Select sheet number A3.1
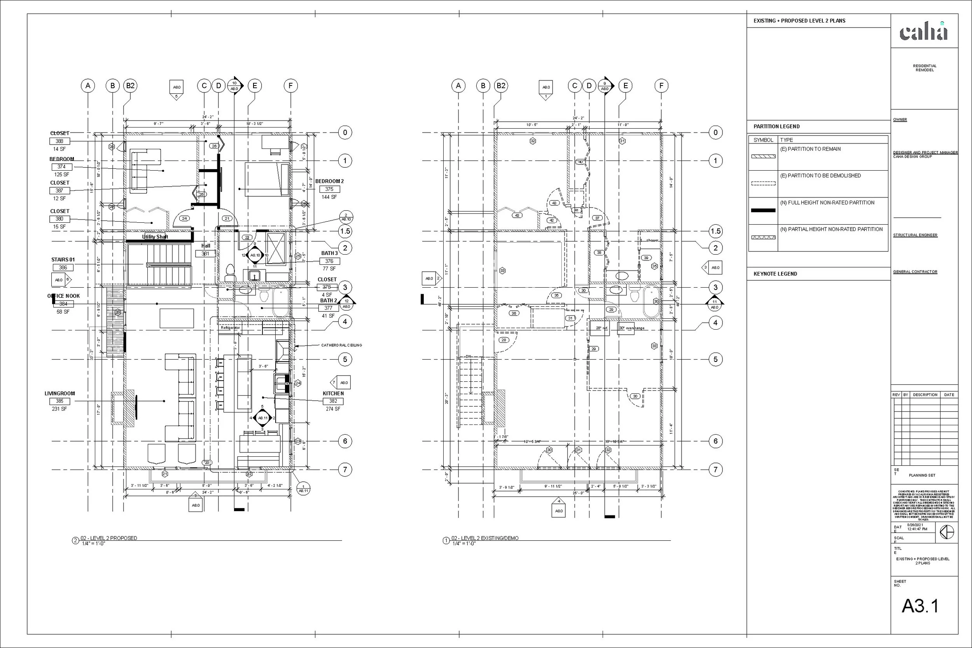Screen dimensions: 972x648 (920, 606)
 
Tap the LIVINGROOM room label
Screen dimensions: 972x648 (59, 393)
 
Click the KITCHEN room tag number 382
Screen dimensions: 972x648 (333, 401)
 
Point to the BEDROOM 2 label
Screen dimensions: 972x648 (329, 181)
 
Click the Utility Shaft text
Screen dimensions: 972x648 (155, 237)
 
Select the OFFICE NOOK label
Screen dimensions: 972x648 (63, 296)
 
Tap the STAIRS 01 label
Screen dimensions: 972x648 (63, 260)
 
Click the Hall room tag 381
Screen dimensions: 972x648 (205, 254)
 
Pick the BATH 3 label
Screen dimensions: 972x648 (329, 253)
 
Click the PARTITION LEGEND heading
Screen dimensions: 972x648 (776, 126)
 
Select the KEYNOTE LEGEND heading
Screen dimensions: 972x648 (775, 274)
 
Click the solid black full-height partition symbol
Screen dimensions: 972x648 (763, 210)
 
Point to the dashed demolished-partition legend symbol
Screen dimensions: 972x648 (763, 183)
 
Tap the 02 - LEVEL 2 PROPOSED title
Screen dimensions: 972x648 (109, 538)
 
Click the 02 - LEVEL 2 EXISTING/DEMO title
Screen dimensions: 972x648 (485, 538)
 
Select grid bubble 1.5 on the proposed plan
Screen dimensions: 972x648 (345, 231)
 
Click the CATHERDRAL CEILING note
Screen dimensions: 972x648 (341, 345)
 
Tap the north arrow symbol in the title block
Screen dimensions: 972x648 (947, 532)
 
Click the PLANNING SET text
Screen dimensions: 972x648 (922, 475)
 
